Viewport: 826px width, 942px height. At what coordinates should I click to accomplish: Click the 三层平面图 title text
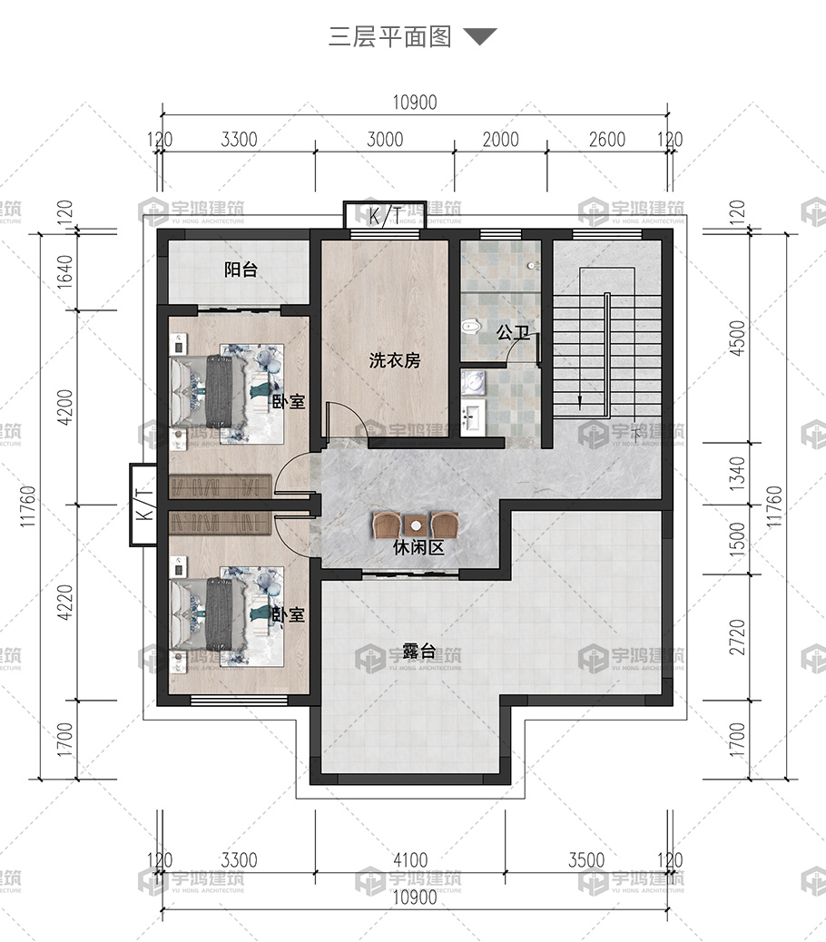[x=390, y=36]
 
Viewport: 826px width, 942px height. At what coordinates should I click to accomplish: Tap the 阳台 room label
[x=241, y=270]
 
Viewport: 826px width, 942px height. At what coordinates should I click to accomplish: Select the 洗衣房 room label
[x=395, y=360]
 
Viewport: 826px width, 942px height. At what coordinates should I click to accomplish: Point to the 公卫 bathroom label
[x=513, y=331]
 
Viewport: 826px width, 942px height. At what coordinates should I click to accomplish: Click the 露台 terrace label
[x=418, y=651]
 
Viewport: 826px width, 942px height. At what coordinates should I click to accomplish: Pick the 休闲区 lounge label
[x=418, y=547]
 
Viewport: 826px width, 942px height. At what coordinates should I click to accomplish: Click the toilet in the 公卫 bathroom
[x=472, y=326]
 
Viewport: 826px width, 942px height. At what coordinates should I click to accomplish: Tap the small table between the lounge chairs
[x=415, y=526]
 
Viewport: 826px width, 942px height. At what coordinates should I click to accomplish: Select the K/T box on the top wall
[x=385, y=214]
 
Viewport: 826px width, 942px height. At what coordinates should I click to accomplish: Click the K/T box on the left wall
[x=144, y=505]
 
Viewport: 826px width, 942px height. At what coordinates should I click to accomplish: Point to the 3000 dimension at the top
[x=385, y=140]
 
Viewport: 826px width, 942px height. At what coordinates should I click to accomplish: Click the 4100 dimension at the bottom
[x=410, y=860]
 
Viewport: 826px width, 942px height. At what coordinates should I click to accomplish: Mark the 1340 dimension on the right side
[x=738, y=474]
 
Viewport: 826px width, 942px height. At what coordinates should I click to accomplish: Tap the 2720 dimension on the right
[x=738, y=637]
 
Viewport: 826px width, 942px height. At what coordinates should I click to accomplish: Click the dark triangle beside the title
[x=480, y=36]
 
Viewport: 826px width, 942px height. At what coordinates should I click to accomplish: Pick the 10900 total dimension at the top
[x=415, y=103]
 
